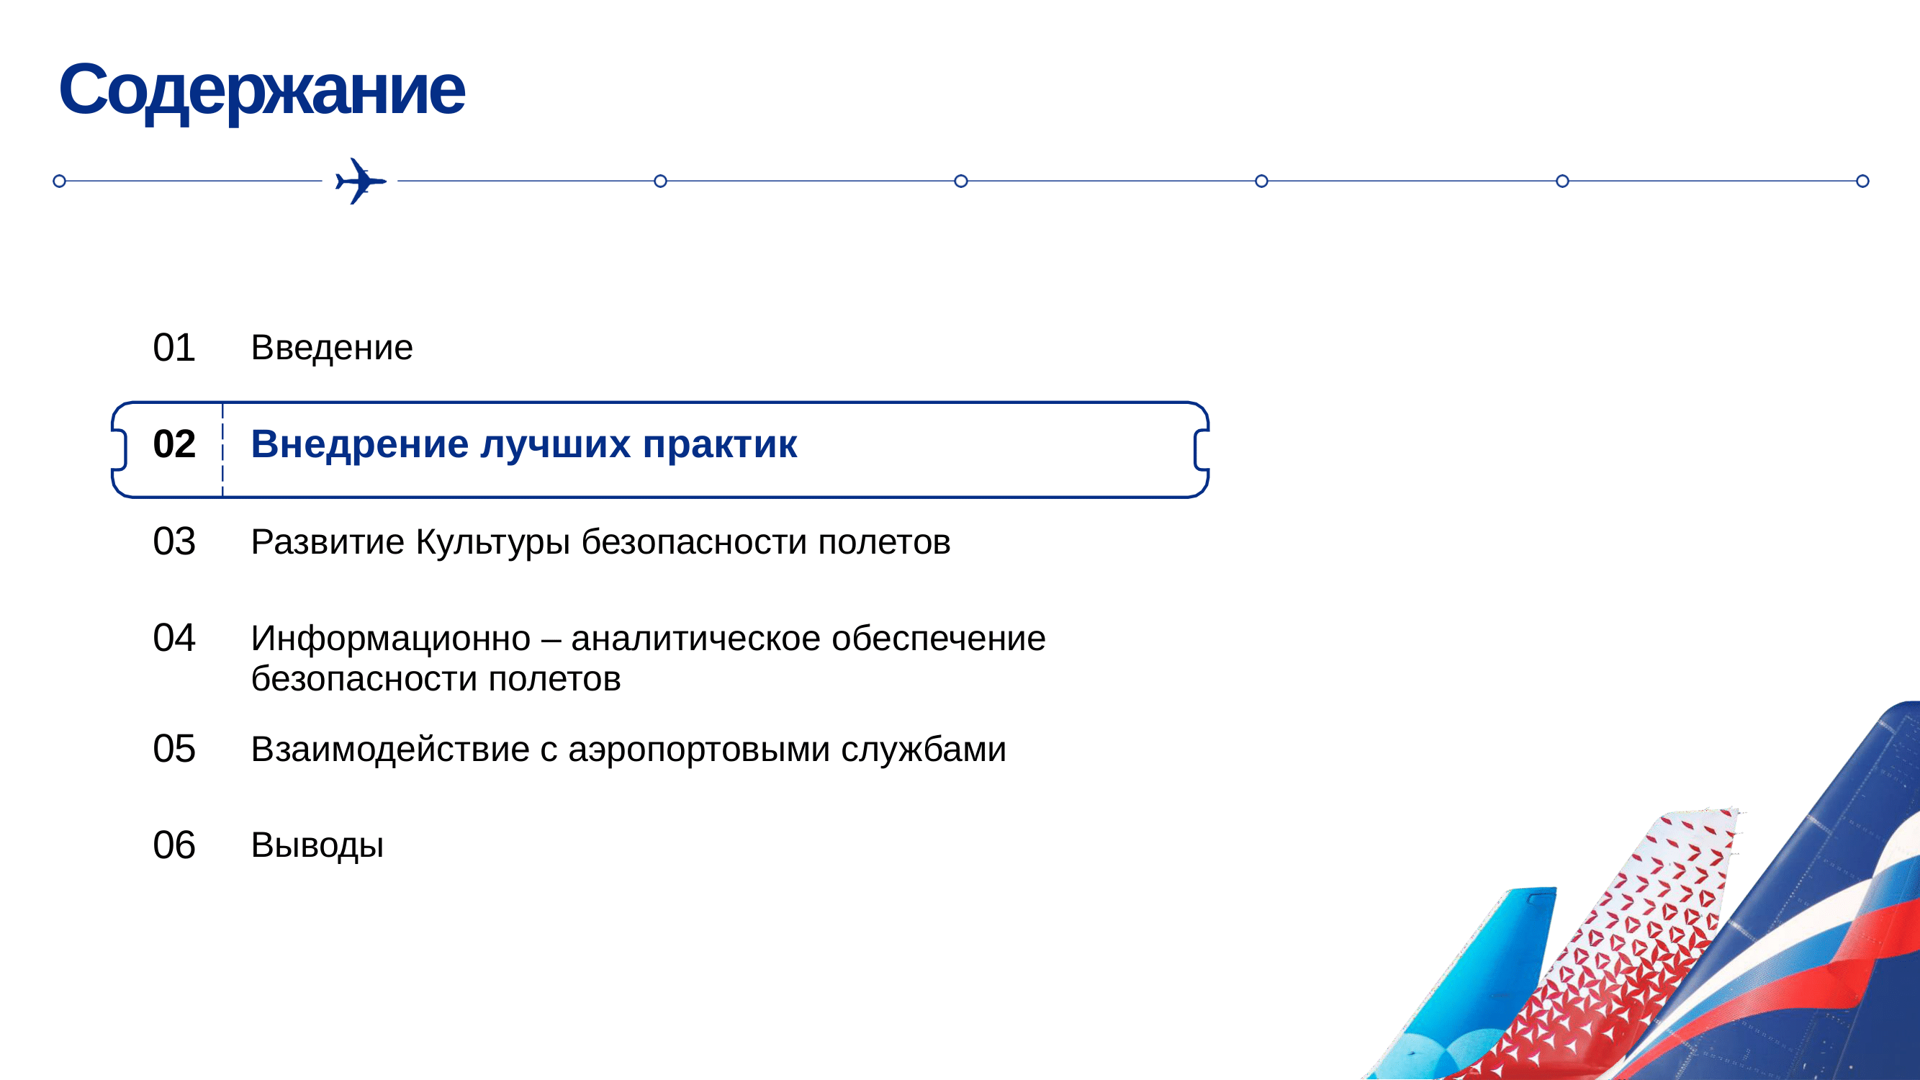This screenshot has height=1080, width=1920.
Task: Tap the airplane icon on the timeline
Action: coord(360,181)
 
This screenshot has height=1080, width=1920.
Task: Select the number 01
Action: coord(173,347)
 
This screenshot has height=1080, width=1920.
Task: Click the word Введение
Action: coord(332,347)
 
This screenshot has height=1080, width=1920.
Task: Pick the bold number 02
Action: coord(173,444)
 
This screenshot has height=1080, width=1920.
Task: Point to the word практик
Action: coord(720,445)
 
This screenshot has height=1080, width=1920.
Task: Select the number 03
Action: coord(173,541)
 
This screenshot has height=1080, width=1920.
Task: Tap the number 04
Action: coord(173,638)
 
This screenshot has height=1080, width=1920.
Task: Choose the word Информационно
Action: coord(391,639)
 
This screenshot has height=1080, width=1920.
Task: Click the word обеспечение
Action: coord(938,639)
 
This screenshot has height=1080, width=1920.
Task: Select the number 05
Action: coord(173,748)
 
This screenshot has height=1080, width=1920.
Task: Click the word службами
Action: coord(924,750)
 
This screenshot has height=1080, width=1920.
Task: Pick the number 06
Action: coord(173,845)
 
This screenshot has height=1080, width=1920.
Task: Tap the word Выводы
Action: coord(317,846)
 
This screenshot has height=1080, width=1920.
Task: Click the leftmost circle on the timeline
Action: coord(60,181)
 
